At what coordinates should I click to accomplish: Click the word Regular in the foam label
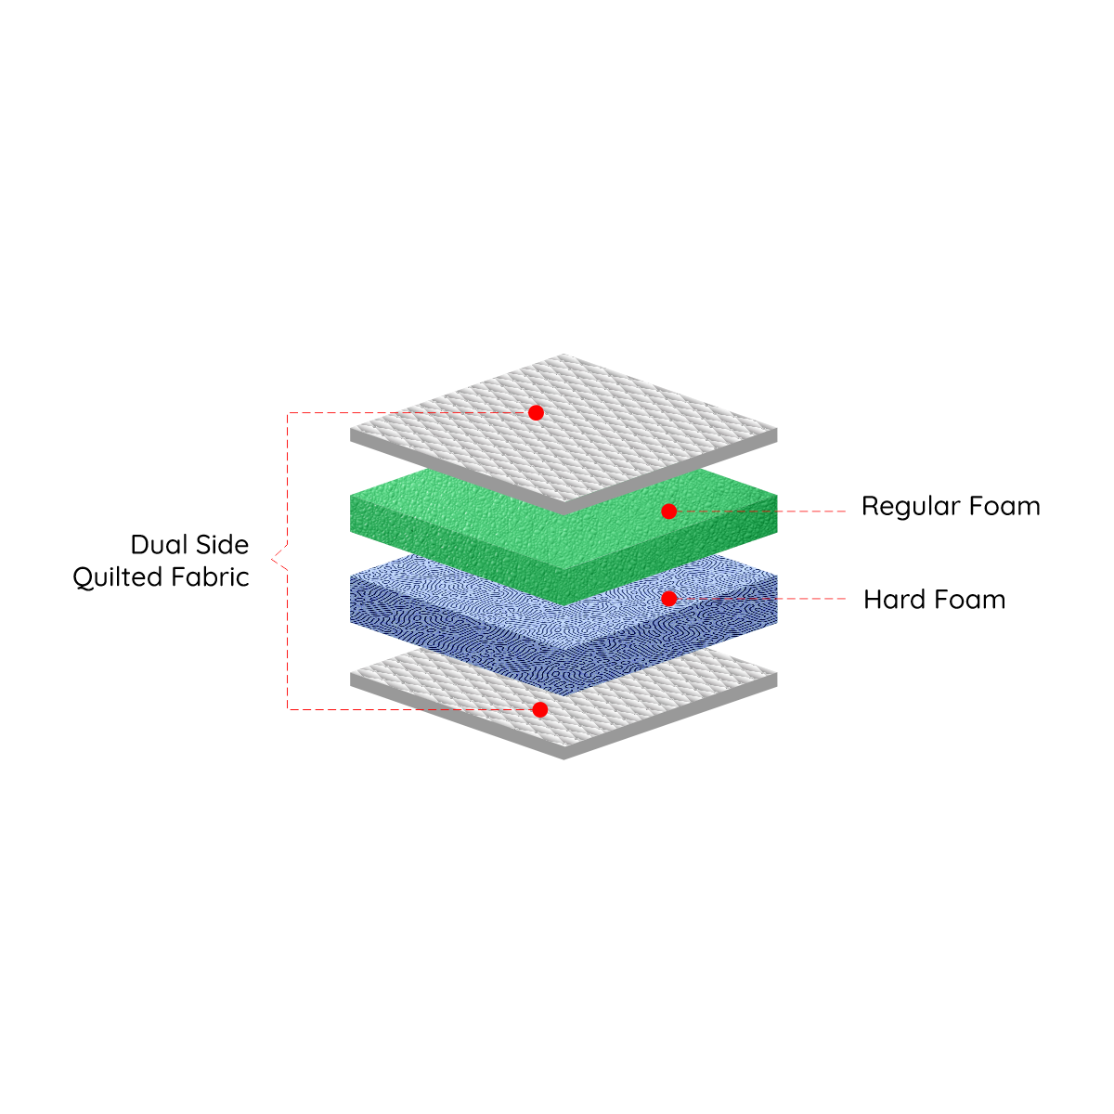point(910,507)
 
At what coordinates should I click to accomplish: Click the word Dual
point(159,545)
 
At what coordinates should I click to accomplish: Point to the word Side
point(221,545)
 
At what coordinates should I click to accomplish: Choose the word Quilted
point(118,577)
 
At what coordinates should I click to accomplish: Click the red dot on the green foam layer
point(668,511)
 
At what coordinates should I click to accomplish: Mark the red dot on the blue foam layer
point(668,599)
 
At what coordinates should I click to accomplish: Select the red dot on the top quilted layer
point(536,412)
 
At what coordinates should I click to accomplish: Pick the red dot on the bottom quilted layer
point(539,709)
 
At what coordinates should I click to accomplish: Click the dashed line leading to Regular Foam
point(761,511)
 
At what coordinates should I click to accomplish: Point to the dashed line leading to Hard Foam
point(761,599)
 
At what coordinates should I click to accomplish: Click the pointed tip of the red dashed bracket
point(272,560)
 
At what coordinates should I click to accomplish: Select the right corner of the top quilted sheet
point(776,431)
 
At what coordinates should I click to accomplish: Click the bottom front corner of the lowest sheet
point(564,758)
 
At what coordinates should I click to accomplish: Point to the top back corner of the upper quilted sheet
point(563,354)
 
